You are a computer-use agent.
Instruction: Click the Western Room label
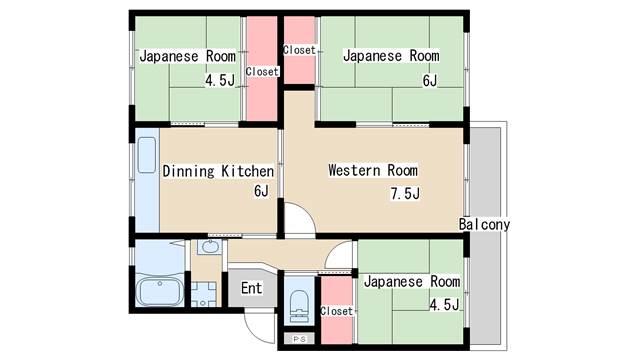[373, 170]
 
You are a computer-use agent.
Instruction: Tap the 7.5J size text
[405, 193]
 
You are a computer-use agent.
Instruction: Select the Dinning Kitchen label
[218, 171]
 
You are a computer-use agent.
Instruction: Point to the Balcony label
[484, 224]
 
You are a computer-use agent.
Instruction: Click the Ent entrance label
[251, 288]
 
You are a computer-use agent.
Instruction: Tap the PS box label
[300, 339]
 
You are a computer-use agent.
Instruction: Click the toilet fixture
[300, 306]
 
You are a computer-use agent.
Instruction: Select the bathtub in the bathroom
[160, 291]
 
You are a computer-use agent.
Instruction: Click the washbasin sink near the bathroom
[210, 247]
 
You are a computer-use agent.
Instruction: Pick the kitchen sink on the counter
[147, 155]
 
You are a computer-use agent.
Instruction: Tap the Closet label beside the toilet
[336, 311]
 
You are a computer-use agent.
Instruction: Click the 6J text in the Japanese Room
[430, 81]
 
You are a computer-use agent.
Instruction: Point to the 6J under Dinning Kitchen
[261, 191]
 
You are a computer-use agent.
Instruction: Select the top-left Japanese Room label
[188, 56]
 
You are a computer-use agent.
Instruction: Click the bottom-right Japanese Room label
[412, 281]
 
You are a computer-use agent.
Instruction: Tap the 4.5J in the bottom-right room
[444, 304]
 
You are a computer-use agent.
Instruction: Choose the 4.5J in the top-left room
[220, 80]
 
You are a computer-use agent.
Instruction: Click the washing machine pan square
[203, 294]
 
